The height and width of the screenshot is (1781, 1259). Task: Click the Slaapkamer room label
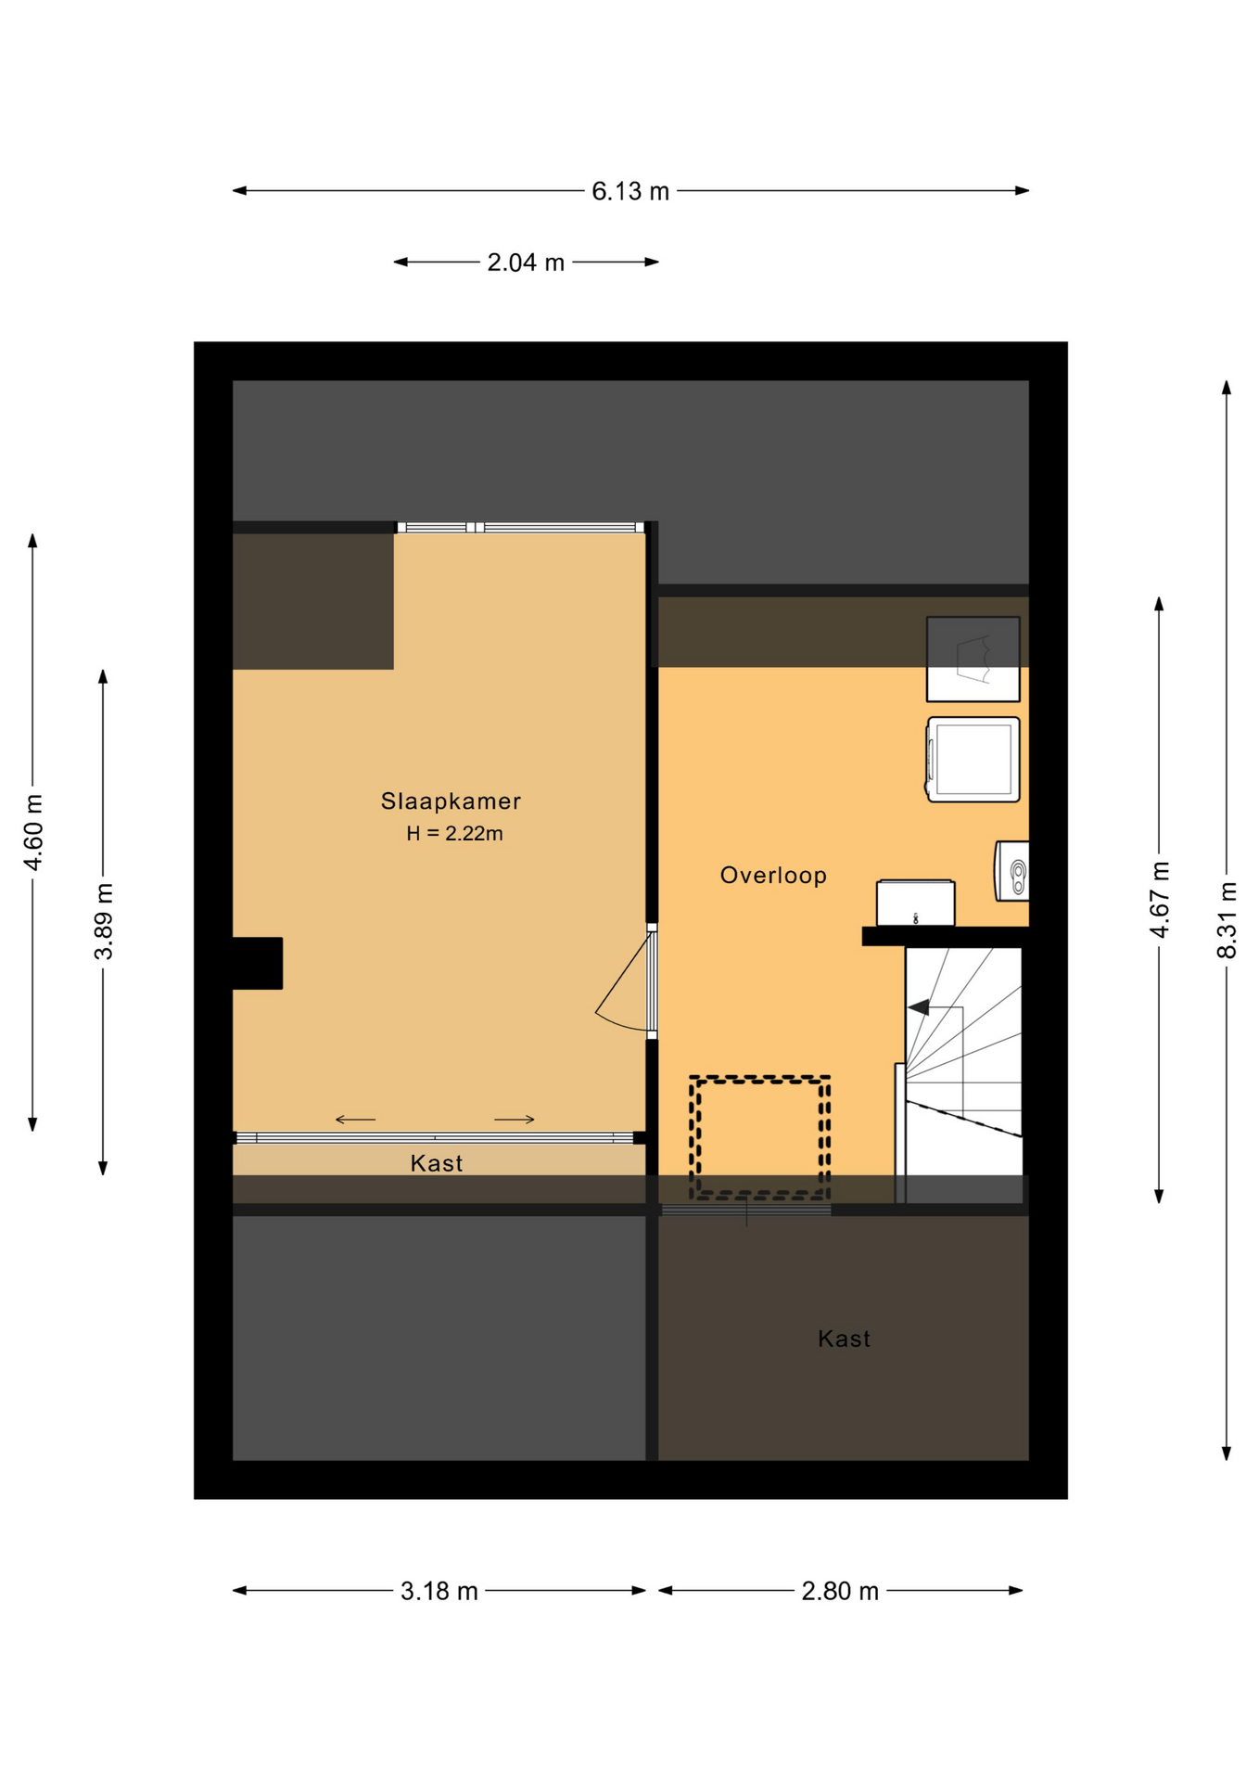pyautogui.click(x=451, y=801)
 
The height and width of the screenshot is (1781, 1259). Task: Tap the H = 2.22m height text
pyautogui.click(x=454, y=833)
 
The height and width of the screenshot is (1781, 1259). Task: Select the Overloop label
pyautogui.click(x=773, y=875)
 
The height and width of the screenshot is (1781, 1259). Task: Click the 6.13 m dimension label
pyautogui.click(x=630, y=191)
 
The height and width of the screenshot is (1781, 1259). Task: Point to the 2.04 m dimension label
pyautogui.click(x=526, y=263)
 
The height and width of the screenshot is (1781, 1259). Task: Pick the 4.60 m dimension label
pyautogui.click(x=33, y=832)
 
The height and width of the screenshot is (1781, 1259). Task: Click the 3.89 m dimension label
pyautogui.click(x=104, y=921)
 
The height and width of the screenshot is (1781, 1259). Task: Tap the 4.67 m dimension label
pyautogui.click(x=1160, y=900)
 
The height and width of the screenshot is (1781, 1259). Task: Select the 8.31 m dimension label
pyautogui.click(x=1227, y=920)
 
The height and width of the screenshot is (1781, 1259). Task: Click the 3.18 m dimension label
pyautogui.click(x=439, y=1591)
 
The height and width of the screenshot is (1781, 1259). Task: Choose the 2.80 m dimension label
pyautogui.click(x=840, y=1591)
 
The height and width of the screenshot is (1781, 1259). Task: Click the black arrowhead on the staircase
pyautogui.click(x=919, y=1006)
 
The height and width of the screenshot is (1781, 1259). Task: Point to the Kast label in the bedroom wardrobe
pyautogui.click(x=437, y=1163)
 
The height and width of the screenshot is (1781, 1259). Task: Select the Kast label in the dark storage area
pyautogui.click(x=844, y=1339)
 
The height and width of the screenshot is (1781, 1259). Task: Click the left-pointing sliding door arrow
pyautogui.click(x=355, y=1120)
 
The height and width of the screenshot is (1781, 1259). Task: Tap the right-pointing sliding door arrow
pyautogui.click(x=515, y=1120)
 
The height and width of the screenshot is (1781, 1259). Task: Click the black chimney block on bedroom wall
pyautogui.click(x=258, y=963)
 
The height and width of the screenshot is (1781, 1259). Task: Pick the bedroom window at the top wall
pyautogui.click(x=521, y=527)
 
